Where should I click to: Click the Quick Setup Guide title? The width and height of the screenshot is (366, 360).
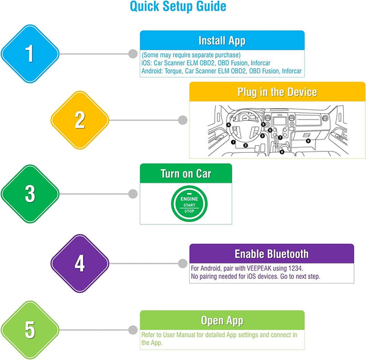coord(178,7)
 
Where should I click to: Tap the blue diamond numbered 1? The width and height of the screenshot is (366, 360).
coord(30,54)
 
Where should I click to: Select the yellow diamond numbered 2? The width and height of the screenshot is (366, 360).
coord(80,120)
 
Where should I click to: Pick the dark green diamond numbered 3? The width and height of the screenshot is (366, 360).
coord(30,194)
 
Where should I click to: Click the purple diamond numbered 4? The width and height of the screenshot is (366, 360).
coord(80,263)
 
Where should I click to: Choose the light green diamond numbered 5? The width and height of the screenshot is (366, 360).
coord(30,329)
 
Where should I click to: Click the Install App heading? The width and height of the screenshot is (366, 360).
coord(222,40)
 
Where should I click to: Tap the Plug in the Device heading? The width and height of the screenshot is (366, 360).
coord(277,92)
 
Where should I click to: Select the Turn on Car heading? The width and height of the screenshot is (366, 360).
coord(186,173)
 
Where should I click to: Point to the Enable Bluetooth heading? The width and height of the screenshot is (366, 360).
coord(271,254)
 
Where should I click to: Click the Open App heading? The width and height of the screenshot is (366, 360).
coord(222,320)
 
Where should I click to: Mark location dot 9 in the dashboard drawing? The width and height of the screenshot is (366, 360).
coord(308,140)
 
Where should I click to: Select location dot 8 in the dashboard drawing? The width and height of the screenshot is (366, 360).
coord(282,152)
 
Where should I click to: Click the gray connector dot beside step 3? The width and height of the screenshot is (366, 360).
coord(133,194)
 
